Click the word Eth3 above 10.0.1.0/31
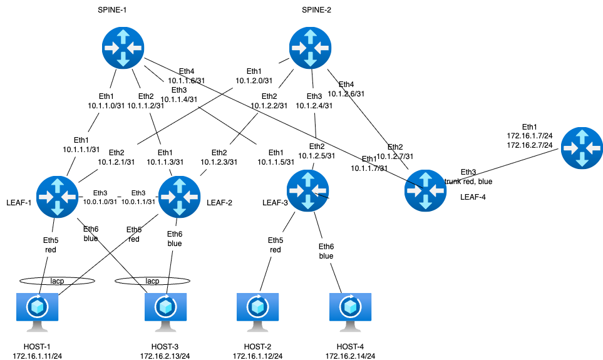100,193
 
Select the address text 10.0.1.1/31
138,202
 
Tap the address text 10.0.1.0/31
100,202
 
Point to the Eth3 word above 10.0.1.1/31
138,193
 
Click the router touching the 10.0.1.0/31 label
58,197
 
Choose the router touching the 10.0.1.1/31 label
180,197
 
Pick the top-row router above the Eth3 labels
123,48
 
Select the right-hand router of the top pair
310,48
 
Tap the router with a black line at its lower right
307,190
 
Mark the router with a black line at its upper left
426,190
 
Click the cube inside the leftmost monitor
38,307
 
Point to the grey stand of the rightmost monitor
351,327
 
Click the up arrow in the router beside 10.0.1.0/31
58,185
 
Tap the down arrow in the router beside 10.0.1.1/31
180,208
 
